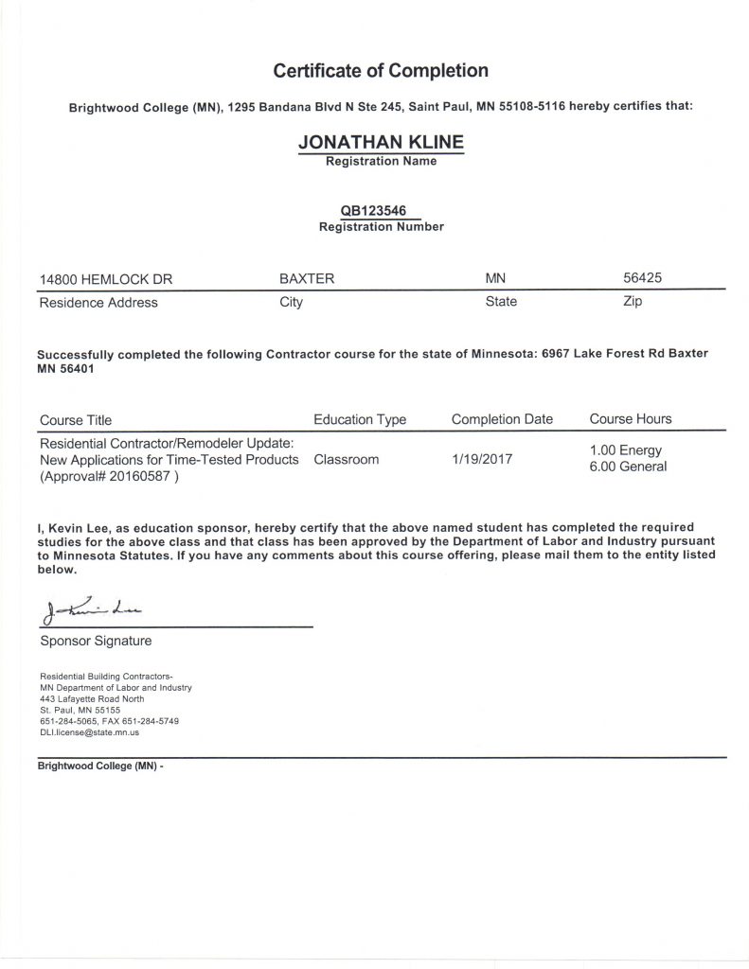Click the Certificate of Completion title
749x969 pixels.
coord(381,71)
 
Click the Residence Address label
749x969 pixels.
coord(98,303)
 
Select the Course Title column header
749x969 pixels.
coord(75,419)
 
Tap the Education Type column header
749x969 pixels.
coord(360,419)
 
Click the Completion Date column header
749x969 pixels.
coord(502,419)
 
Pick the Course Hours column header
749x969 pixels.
coord(631,419)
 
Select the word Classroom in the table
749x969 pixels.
coord(346,459)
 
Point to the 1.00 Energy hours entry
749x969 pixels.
coord(626,450)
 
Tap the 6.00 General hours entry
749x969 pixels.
coord(628,467)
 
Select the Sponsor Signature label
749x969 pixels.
coord(96,641)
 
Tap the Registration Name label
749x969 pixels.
coord(381,162)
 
